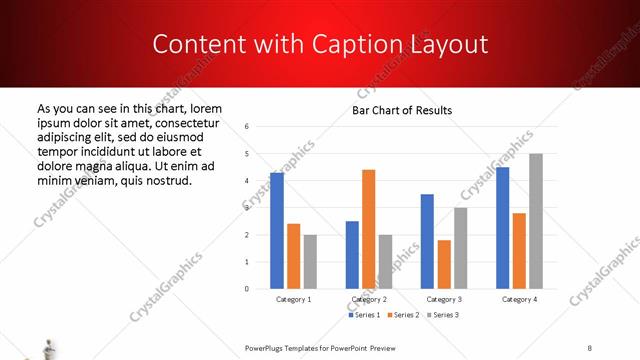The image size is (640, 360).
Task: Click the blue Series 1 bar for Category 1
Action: pyautogui.click(x=276, y=231)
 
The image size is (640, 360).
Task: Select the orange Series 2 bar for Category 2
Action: pyautogui.click(x=368, y=229)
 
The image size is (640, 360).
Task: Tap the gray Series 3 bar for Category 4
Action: pyautogui.click(x=536, y=221)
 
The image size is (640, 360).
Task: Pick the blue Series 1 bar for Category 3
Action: pyautogui.click(x=427, y=241)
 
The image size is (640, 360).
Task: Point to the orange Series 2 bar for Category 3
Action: pyautogui.click(x=444, y=264)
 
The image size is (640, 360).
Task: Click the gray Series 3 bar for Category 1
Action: pyautogui.click(x=310, y=261)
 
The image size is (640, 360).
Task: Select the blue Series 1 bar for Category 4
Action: pyautogui.click(x=502, y=228)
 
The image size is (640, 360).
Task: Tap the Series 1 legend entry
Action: pyautogui.click(x=364, y=315)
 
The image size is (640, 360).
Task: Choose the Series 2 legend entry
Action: pyautogui.click(x=401, y=315)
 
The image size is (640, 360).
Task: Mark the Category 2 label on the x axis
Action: pyautogui.click(x=369, y=299)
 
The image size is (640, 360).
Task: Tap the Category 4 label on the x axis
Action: pyautogui.click(x=519, y=299)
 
